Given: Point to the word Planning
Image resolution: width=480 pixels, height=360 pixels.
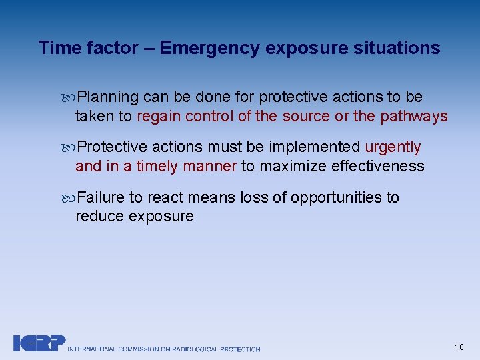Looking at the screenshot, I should tap(108, 97).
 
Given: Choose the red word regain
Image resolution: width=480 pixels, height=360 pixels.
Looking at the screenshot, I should tap(159, 116).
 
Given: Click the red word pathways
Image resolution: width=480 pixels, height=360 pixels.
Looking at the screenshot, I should tap(413, 116).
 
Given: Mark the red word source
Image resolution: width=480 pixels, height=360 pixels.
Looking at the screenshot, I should tap(305, 116).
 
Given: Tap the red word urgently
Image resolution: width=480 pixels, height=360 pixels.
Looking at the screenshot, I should tap(393, 147).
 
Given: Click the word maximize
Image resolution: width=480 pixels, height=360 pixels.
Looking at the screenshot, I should tap(291, 165).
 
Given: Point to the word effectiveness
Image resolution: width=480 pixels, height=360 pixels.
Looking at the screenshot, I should tap(378, 165).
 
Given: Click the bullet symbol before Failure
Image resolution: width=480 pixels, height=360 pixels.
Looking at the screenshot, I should tap(72, 198).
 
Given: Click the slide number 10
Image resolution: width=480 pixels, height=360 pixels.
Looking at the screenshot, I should tap(459, 347).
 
